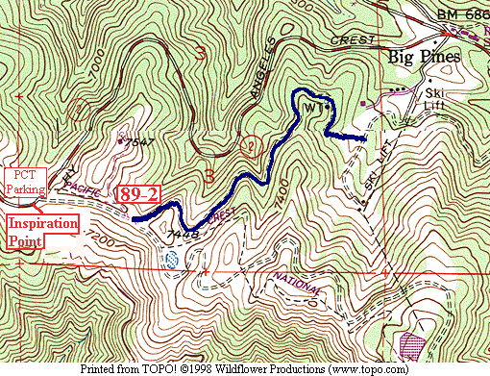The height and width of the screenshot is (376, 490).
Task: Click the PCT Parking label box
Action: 27,183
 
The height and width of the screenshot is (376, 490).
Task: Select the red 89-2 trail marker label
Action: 137,194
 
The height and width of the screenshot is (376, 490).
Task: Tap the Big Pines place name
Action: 425,56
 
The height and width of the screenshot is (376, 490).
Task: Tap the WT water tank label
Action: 311,106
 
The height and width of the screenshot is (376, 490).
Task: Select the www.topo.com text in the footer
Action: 367,367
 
